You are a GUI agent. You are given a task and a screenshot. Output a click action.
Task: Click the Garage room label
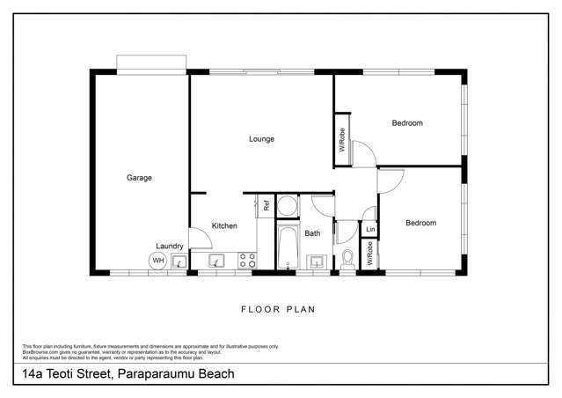click(x=139, y=178)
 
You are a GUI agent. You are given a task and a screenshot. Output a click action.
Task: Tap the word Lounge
click(x=261, y=139)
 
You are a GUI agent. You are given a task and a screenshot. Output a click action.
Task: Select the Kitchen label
click(x=224, y=226)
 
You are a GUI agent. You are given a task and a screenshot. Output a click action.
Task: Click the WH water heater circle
click(x=158, y=261)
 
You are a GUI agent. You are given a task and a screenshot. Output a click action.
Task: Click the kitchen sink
click(x=217, y=261)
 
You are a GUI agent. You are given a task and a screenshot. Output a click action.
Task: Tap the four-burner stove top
click(x=247, y=261)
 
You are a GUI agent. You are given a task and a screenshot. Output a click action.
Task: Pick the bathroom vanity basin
click(x=317, y=261)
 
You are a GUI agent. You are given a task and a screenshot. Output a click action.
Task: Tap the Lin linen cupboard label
click(x=370, y=230)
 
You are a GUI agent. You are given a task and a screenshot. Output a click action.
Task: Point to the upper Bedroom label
click(x=406, y=123)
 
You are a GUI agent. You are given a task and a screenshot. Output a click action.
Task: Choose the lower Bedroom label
click(x=420, y=223)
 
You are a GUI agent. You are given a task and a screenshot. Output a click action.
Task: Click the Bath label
click(x=312, y=233)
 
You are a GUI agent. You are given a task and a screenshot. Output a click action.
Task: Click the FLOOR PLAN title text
click(x=278, y=309)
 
